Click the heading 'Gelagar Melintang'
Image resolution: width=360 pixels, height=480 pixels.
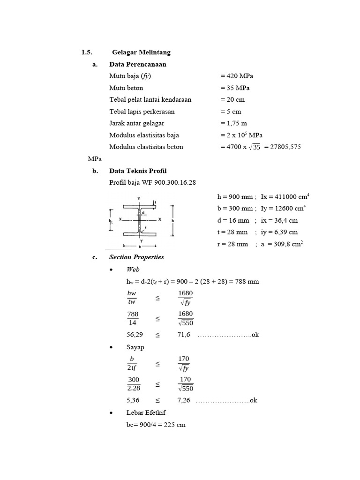pyautogui.click(x=141, y=52)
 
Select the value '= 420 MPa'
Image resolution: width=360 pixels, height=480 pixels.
pyautogui.click(x=236, y=76)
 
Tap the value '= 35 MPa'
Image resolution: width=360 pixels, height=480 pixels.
pyautogui.click(x=234, y=88)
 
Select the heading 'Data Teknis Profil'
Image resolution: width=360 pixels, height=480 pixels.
pyautogui.click(x=138, y=171)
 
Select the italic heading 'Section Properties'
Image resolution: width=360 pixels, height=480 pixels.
pyautogui.click(x=136, y=257)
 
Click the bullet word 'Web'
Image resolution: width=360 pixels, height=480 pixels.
pyautogui.click(x=133, y=269)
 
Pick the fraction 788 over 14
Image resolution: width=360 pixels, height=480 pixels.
pyautogui.click(x=133, y=318)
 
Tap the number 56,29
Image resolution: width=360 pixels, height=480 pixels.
pyautogui.click(x=133, y=335)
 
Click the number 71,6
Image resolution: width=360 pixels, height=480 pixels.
pyautogui.click(x=183, y=335)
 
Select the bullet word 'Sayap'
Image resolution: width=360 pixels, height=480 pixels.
pyautogui.click(x=135, y=347)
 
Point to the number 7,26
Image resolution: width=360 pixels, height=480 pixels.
pyautogui.click(x=183, y=400)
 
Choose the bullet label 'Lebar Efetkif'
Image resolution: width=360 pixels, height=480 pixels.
pyautogui.click(x=146, y=412)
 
